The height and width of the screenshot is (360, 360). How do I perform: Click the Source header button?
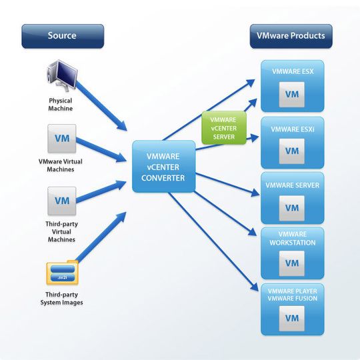62,35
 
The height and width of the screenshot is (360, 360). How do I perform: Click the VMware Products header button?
290,35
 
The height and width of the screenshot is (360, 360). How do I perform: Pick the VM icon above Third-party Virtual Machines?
62,201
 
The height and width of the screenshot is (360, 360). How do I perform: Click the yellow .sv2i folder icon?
62,274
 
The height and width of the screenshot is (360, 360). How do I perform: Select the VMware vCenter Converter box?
163,167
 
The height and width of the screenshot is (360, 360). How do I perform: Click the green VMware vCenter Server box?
223,127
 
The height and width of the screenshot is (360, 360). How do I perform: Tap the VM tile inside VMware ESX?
291,94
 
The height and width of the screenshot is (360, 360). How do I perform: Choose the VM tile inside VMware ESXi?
291,151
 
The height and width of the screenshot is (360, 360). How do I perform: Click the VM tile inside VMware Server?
291,207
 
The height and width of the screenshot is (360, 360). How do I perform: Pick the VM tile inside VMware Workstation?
291,263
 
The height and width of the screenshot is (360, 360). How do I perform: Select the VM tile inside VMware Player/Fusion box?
291,318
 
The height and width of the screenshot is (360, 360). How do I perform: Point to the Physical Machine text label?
61,104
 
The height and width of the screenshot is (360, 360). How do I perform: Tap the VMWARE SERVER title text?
292,185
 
